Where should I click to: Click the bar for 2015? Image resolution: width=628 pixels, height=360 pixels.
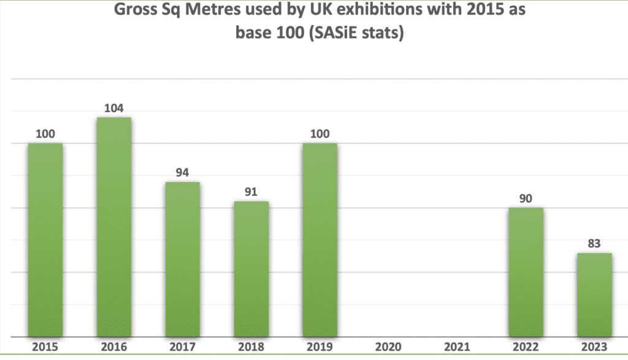(x=45, y=240)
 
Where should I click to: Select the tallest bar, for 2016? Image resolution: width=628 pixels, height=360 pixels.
(x=114, y=227)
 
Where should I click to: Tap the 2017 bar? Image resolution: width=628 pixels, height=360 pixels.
(x=183, y=259)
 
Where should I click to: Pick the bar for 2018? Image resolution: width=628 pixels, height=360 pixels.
(x=251, y=269)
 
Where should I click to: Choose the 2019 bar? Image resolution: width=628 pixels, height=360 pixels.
(x=320, y=240)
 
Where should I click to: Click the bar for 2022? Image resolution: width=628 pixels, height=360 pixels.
(x=526, y=272)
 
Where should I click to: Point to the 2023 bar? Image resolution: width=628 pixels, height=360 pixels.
(x=595, y=295)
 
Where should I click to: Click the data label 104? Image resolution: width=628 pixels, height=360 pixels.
(x=113, y=108)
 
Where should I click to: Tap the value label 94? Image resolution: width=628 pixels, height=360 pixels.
(x=182, y=172)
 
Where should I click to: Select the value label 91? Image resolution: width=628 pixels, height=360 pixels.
(x=251, y=192)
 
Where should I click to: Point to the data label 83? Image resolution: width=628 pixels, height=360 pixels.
(x=594, y=243)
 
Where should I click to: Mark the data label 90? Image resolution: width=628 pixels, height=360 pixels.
(x=526, y=199)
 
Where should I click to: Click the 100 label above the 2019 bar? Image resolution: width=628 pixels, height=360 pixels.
(x=320, y=134)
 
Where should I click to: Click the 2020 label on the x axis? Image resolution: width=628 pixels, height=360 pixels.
(x=388, y=347)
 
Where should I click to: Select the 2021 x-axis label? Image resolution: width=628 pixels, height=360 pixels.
(x=457, y=347)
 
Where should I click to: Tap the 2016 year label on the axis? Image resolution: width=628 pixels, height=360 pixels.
(x=114, y=347)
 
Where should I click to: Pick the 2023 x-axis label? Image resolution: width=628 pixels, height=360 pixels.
(x=594, y=347)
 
